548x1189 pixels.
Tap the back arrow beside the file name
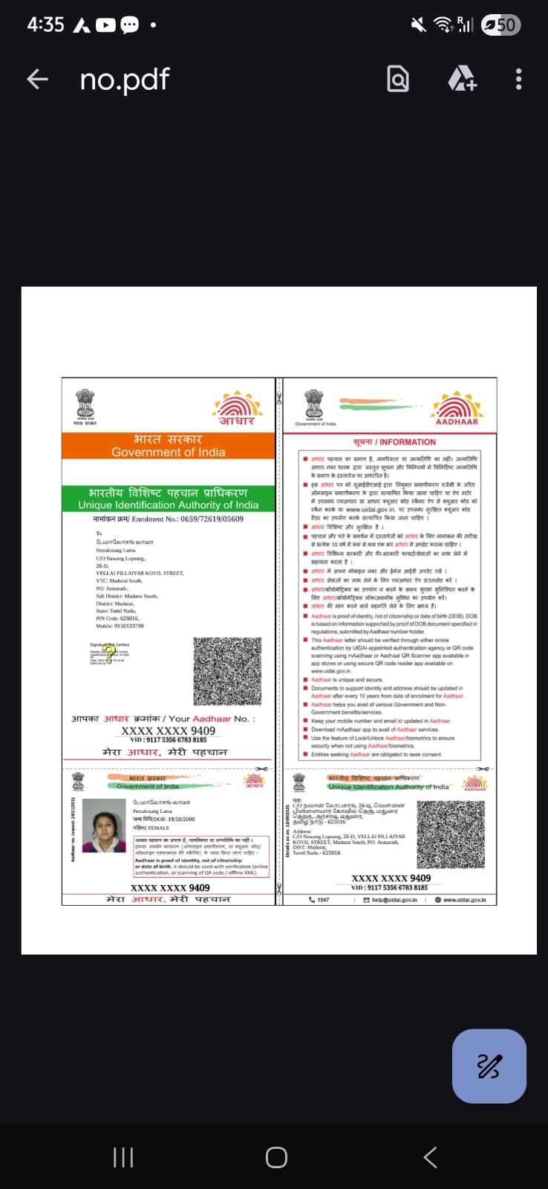click(37, 79)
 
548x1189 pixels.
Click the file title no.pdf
click(125, 79)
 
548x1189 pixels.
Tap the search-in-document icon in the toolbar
click(398, 79)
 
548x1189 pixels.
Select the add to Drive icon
click(462, 79)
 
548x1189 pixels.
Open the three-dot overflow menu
click(518, 79)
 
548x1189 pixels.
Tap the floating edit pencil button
click(489, 1066)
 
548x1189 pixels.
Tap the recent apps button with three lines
click(123, 1157)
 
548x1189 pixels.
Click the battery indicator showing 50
click(501, 25)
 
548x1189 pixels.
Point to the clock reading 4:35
click(45, 25)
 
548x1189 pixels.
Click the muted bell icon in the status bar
click(419, 25)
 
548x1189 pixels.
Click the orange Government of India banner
click(169, 445)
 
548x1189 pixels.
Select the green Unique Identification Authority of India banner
click(169, 498)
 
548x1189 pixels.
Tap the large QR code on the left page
click(227, 671)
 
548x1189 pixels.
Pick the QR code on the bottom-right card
click(451, 834)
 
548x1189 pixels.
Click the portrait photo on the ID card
click(104, 826)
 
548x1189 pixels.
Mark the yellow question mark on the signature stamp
click(109, 654)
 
